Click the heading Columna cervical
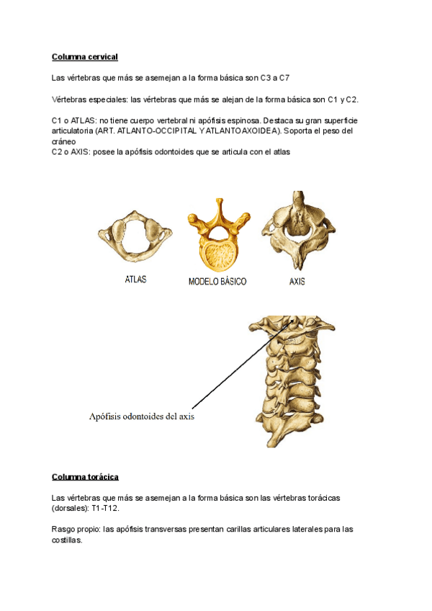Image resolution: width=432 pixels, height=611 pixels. tap(84, 56)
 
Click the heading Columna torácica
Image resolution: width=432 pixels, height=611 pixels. tap(85, 477)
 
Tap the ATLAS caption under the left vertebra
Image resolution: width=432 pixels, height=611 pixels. tap(136, 280)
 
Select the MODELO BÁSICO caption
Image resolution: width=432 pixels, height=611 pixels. tap(217, 282)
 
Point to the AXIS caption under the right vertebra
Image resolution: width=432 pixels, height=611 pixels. tap(297, 282)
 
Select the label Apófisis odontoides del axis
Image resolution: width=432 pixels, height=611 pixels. tap(141, 416)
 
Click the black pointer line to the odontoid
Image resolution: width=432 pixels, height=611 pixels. tap(238, 367)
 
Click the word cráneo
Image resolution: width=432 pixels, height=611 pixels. tap(64, 142)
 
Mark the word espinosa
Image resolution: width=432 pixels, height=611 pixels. tap(244, 120)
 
